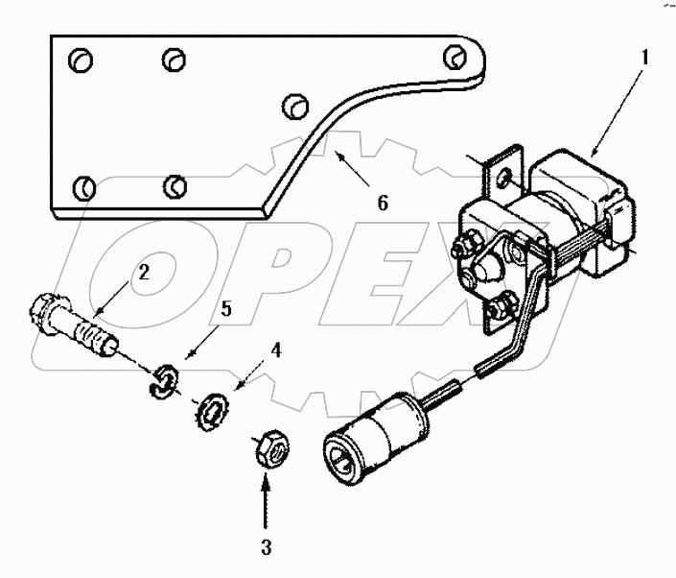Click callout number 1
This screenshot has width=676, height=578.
[x=645, y=57]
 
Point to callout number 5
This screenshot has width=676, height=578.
[x=226, y=309]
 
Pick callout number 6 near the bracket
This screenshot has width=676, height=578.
[x=383, y=204]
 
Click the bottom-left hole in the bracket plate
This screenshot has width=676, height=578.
[x=82, y=183]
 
